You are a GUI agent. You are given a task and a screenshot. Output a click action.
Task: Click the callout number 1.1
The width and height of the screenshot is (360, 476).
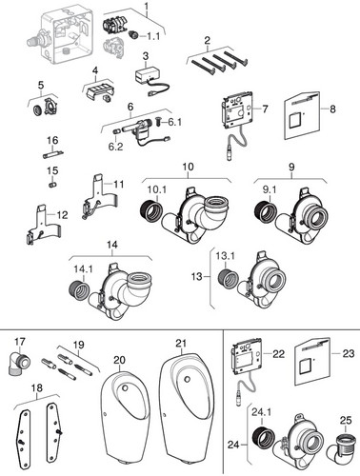click(x=153, y=36)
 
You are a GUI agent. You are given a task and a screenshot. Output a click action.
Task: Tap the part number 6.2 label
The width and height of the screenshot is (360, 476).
click(x=115, y=147)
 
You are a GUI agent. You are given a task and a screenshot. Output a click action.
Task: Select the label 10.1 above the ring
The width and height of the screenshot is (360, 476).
click(x=157, y=189)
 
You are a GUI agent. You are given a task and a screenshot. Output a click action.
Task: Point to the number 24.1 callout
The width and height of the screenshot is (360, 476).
click(x=261, y=412)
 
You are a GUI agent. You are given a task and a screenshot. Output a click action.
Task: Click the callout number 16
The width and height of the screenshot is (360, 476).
click(x=52, y=140)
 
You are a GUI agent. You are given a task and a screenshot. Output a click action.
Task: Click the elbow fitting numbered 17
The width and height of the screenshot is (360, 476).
click(x=18, y=364)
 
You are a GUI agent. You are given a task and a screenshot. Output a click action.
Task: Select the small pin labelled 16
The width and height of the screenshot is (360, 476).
click(x=53, y=154)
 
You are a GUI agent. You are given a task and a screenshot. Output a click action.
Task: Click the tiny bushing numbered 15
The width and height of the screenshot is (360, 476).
click(x=53, y=185)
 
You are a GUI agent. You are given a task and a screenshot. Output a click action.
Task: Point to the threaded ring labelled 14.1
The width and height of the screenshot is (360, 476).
click(x=79, y=288)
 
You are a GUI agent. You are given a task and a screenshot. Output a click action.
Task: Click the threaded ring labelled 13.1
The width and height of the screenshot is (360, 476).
click(x=228, y=279)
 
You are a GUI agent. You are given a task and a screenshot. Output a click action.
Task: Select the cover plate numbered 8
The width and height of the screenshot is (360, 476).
click(x=302, y=115)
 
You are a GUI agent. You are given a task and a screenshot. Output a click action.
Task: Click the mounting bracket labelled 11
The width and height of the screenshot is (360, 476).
click(x=100, y=197)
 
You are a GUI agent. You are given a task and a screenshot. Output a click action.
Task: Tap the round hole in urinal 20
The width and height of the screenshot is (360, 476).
click(x=126, y=387)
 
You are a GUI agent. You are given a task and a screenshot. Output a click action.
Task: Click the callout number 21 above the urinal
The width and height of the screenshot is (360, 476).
click(x=181, y=344)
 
